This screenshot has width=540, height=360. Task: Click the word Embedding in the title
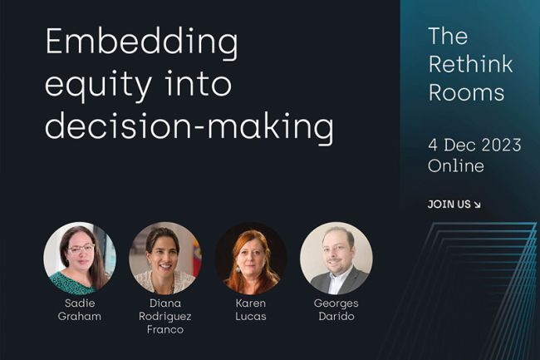(141, 43)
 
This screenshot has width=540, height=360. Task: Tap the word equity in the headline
(99, 86)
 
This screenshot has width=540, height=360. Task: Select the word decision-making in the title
(189, 127)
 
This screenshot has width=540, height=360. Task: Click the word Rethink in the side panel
(471, 64)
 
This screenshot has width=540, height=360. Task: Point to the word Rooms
(466, 92)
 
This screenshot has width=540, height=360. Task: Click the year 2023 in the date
(501, 145)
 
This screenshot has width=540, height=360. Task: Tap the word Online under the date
(456, 165)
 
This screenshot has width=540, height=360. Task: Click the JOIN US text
(449, 205)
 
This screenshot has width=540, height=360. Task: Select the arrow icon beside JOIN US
(477, 205)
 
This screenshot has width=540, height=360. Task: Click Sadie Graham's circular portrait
(80, 259)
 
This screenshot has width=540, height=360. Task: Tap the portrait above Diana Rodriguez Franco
(165, 259)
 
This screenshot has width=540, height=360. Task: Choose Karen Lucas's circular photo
(251, 259)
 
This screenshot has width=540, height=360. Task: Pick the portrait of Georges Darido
(336, 259)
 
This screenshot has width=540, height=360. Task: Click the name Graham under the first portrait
(80, 316)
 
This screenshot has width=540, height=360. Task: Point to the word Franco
(165, 330)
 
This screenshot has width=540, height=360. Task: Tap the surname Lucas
(251, 316)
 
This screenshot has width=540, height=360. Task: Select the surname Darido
(336, 316)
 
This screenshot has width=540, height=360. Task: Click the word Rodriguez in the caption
(165, 317)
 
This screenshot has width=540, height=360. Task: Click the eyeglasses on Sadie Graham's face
(81, 249)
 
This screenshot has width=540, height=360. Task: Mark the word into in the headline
(198, 84)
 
